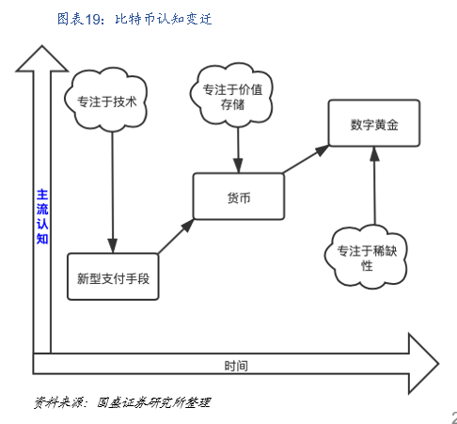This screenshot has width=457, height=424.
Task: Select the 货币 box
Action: pos(238,196)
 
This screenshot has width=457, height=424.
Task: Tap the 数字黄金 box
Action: pos(373,122)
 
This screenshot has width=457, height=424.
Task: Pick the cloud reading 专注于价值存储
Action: pos(237,93)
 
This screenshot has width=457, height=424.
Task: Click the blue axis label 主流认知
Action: pos(41,216)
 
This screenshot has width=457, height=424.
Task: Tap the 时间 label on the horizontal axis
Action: pos(236,364)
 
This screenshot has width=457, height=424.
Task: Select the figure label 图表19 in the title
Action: pos(77,18)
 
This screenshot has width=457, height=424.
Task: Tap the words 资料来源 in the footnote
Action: pos(58,402)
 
